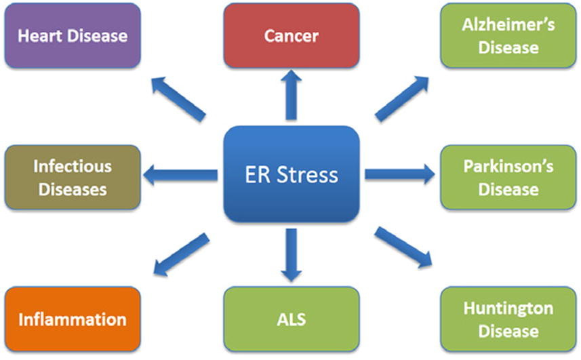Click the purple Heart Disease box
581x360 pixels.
click(x=73, y=35)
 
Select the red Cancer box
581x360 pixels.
click(x=291, y=35)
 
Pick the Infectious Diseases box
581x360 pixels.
click(x=73, y=177)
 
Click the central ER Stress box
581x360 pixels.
click(x=291, y=175)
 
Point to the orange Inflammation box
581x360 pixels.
click(x=73, y=319)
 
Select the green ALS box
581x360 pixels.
click(x=291, y=319)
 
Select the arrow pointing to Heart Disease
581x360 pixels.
click(x=177, y=98)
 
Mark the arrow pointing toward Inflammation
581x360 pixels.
click(x=180, y=253)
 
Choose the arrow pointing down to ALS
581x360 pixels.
click(x=291, y=255)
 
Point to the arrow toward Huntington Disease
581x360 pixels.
click(x=403, y=248)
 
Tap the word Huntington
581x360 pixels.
click(x=508, y=308)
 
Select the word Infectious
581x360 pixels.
click(x=73, y=166)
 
